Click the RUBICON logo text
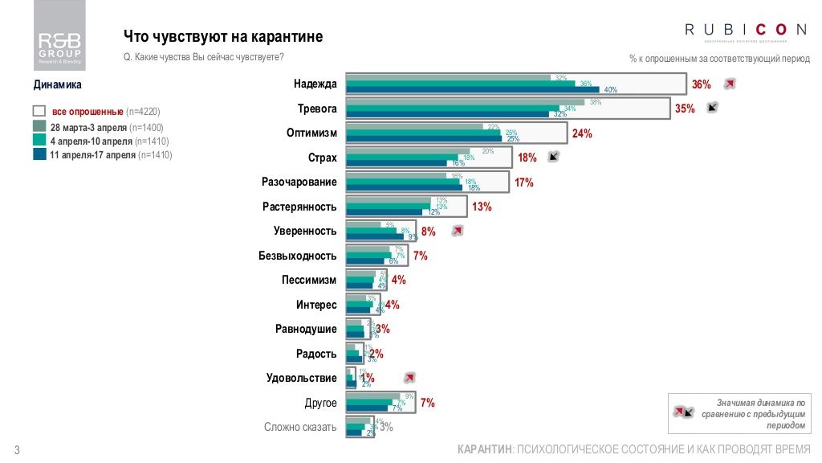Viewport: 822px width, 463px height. click(x=746, y=30)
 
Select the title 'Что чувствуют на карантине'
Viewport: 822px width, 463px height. click(x=223, y=37)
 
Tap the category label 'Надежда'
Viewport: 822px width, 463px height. click(x=315, y=84)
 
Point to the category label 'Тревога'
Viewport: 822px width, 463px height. click(x=317, y=109)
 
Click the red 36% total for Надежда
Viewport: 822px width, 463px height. click(x=702, y=84)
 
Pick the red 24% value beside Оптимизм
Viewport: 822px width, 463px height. click(x=582, y=134)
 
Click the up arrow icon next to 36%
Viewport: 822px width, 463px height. click(x=729, y=84)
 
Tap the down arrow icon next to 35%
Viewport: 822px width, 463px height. click(x=712, y=108)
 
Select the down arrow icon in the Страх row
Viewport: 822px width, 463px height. click(x=553, y=158)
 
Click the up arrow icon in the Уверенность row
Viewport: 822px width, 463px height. click(x=457, y=231)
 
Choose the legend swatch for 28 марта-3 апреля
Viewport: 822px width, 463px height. click(x=39, y=127)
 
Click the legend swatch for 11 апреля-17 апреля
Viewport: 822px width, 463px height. click(x=39, y=154)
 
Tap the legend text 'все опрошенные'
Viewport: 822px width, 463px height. click(x=87, y=111)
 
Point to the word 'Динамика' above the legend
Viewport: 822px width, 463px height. click(x=58, y=84)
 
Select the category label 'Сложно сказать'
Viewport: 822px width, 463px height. click(x=300, y=428)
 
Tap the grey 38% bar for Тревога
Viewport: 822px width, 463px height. click(x=465, y=102)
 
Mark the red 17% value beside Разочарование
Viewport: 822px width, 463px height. click(x=524, y=182)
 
